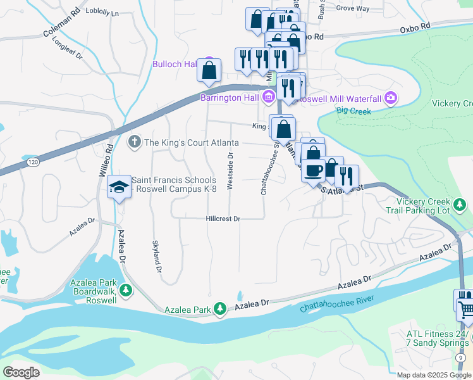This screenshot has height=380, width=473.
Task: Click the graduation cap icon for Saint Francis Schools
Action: pos(118,186)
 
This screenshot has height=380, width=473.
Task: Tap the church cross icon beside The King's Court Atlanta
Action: pos(134,142)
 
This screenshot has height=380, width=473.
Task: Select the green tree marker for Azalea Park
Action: pos(219,309)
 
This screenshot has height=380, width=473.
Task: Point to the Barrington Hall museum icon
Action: pos(269,98)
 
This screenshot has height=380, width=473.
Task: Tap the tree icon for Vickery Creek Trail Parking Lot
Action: pos(462,204)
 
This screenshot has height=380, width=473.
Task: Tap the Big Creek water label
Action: pos(353,111)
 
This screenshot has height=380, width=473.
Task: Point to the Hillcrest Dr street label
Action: pos(223,218)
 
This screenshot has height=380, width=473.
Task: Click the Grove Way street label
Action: pos(353,8)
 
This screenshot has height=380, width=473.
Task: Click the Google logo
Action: pos(21,372)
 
